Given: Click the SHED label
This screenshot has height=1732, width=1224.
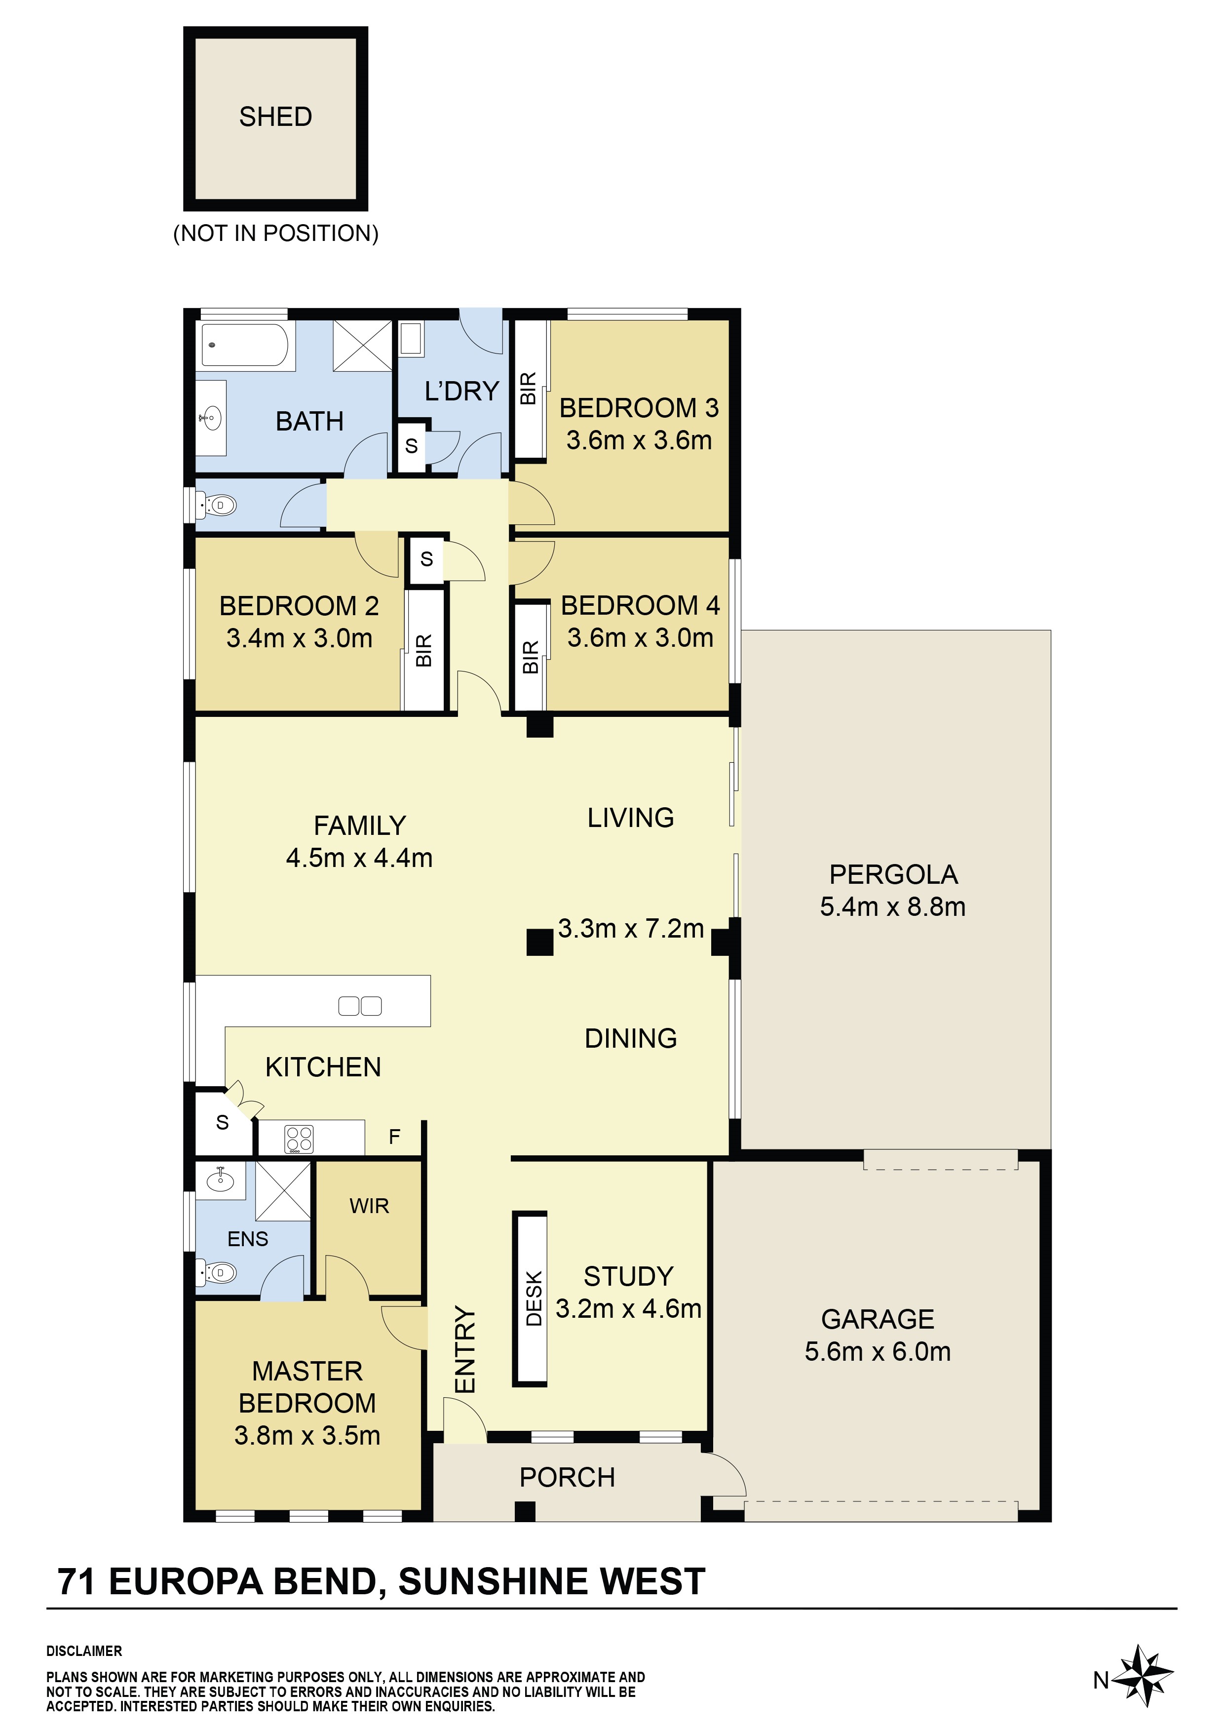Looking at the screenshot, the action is [275, 117].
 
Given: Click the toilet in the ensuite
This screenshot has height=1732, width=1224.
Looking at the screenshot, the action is [217, 1273].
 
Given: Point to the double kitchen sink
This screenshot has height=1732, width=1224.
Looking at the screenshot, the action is [360, 1006].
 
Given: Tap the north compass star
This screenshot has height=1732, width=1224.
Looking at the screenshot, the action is [1143, 1677].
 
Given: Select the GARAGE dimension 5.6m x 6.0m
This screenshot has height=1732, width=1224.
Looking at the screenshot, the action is [878, 1351].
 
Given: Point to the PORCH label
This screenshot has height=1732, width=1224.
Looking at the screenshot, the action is [567, 1477].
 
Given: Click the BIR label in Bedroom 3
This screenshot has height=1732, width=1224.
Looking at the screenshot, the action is [529, 388].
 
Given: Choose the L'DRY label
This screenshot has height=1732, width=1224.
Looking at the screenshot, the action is [461, 391].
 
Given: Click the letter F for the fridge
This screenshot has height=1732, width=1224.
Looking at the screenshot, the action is [394, 1137].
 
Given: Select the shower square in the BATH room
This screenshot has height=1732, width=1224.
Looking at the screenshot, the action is [363, 346].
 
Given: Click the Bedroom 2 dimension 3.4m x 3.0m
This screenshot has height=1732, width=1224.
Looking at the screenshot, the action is [300, 638].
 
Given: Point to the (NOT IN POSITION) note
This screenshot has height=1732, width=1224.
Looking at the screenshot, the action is [276, 233].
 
